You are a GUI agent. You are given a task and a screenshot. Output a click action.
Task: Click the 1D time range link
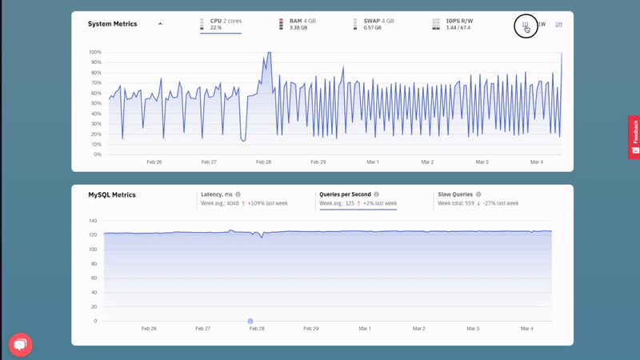[525, 25]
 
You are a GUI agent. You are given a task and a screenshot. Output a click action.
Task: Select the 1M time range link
[558, 25]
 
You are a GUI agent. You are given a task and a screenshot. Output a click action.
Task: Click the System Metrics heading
[113, 24]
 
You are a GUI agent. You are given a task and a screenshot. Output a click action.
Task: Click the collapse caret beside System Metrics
[160, 24]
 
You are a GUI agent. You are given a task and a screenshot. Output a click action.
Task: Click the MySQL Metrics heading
[112, 195]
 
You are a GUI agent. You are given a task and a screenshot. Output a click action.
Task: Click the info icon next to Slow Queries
[478, 194]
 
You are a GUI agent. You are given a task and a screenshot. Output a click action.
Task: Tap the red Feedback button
[634, 138]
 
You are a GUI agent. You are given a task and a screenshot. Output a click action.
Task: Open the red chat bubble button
[21, 344]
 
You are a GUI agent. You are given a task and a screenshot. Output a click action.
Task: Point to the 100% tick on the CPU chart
[95, 52]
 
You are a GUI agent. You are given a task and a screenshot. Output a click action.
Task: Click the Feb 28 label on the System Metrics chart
[263, 162]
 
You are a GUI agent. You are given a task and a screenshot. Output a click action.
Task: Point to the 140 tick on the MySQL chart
[93, 221]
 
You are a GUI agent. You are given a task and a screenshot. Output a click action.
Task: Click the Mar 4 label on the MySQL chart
[526, 329]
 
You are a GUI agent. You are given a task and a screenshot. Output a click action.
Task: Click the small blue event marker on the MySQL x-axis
[250, 321]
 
